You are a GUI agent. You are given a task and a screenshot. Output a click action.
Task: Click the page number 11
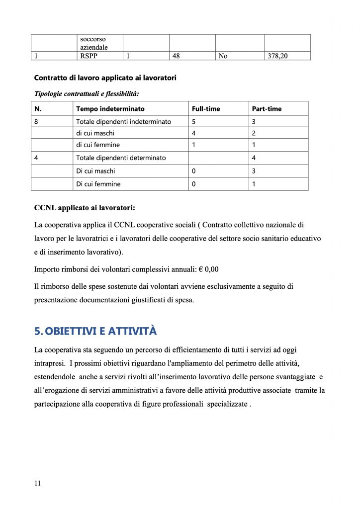point(37,483)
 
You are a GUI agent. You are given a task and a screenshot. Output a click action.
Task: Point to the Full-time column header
point(206,109)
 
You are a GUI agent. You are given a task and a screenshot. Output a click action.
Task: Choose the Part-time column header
point(267,109)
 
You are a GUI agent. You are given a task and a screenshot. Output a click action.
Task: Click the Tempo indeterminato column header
point(110,109)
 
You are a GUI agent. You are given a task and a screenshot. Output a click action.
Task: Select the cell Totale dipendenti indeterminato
point(123,122)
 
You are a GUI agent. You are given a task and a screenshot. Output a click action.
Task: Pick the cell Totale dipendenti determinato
point(121,158)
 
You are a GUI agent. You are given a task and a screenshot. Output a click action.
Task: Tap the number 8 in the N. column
point(36,122)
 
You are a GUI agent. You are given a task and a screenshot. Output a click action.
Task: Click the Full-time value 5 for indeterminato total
point(194,122)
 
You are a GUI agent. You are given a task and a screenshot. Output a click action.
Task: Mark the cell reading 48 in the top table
point(176,56)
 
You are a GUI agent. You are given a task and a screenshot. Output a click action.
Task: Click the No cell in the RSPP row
point(223,56)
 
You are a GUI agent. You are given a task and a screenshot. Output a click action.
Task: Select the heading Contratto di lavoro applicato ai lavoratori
point(105,78)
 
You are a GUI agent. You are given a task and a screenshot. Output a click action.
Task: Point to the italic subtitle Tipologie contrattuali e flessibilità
point(86,93)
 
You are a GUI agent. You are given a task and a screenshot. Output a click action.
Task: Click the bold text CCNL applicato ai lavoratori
point(85,208)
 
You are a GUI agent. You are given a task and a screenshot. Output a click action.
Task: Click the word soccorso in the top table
point(93,39)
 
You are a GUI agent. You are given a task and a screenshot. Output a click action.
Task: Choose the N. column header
point(37,109)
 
